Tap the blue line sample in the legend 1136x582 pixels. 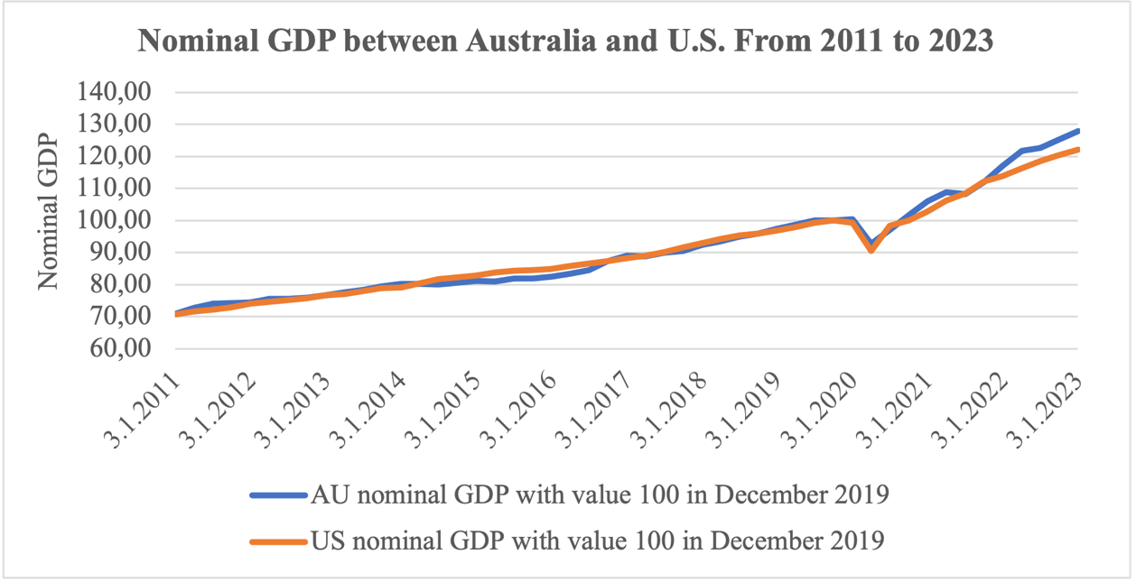pos(277,495)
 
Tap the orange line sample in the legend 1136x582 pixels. pos(277,541)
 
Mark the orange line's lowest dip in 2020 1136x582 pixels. pos(871,250)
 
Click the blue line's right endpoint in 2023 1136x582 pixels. pos(1078,131)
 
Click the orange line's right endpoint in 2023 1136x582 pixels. pos(1078,150)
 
